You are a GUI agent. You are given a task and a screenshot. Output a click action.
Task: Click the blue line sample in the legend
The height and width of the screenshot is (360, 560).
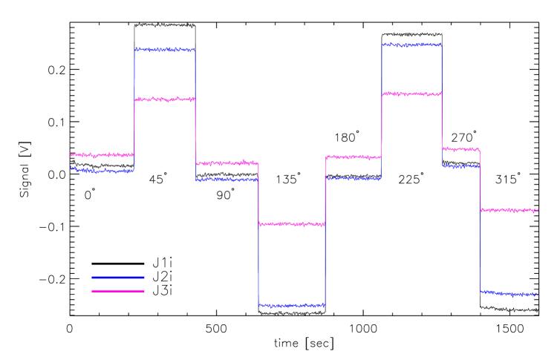(118, 278)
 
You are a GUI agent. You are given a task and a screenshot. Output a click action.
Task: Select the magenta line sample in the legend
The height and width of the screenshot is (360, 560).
(118, 291)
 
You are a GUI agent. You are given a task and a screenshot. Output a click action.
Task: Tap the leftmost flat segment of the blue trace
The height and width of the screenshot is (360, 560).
(102, 171)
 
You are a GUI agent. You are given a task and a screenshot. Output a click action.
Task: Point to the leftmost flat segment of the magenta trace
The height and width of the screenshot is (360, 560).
(102, 155)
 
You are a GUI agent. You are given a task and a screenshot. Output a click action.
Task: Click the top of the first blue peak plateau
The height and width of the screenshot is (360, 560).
(165, 50)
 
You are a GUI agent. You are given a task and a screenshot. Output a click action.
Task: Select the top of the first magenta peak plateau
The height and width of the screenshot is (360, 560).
(165, 99)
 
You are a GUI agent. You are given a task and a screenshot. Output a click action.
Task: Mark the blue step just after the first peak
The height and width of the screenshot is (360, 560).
(227, 179)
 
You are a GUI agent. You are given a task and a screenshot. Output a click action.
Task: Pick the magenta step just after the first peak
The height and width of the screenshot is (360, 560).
(227, 163)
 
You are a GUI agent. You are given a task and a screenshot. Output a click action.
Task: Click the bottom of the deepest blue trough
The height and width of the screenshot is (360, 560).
(292, 305)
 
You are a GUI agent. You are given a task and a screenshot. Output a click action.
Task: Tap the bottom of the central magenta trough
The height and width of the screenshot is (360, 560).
(292, 223)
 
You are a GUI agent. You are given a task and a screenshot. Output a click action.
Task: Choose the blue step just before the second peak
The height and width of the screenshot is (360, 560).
(354, 178)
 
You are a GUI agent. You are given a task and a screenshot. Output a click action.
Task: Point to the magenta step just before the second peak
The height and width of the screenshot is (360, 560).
(354, 157)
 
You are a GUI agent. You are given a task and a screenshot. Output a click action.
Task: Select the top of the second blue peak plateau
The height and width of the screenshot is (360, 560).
(411, 45)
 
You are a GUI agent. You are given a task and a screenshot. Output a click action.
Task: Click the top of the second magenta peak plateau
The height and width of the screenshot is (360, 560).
(411, 94)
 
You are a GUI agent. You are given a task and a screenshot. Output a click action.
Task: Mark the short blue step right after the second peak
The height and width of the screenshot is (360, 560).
(460, 166)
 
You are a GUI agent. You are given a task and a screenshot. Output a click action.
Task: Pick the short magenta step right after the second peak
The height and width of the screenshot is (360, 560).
(460, 149)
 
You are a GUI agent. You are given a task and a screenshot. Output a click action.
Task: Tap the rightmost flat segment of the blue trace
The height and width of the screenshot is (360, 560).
(509, 293)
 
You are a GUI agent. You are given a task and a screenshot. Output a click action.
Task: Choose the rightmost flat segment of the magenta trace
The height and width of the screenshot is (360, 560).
(509, 210)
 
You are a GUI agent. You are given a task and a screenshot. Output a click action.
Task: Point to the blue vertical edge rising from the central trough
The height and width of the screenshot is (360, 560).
(325, 245)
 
